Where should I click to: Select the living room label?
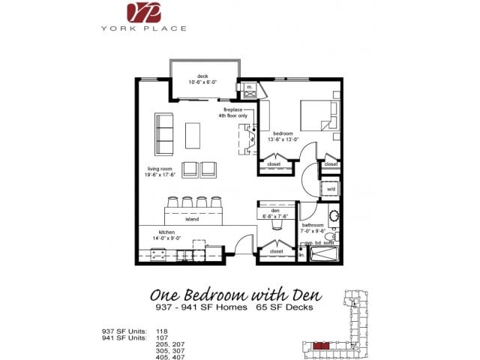pos(161,172)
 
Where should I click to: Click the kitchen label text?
pos(166,235)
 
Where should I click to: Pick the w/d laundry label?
pos(331,189)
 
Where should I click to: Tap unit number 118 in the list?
pos(161,330)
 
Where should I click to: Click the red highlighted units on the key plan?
pos(321,346)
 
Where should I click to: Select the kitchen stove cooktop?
pos(159,254)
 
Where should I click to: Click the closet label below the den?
pos(276,251)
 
